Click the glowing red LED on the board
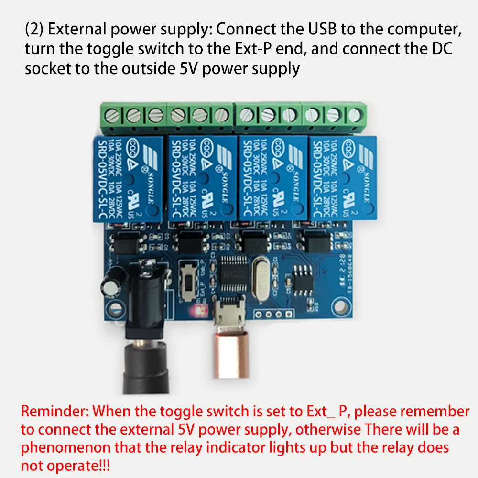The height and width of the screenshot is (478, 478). click(x=197, y=311)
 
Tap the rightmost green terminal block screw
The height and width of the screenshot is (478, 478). click(x=354, y=115)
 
